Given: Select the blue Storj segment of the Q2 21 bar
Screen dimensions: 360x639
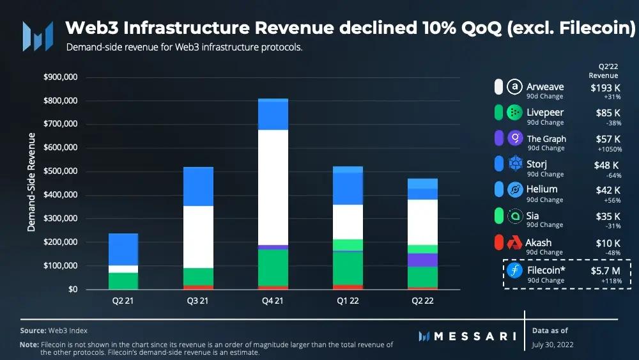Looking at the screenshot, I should pyautogui.click(x=123, y=249).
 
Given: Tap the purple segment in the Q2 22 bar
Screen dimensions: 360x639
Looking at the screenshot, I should pyautogui.click(x=422, y=260).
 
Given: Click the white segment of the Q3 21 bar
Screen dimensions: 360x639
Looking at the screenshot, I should pyautogui.click(x=198, y=237).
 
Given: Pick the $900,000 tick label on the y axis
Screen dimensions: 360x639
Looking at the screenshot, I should pyautogui.click(x=60, y=77).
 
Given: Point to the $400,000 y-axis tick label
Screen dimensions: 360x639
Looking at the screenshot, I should pyautogui.click(x=60, y=195).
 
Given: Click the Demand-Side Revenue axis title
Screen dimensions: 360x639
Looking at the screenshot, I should pyautogui.click(x=31, y=184).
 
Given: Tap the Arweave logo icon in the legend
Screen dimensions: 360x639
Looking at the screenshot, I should pyautogui.click(x=514, y=87).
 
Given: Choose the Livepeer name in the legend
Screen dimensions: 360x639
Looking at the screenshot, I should pyautogui.click(x=544, y=113).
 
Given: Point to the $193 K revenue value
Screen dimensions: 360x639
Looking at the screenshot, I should pyautogui.click(x=606, y=88).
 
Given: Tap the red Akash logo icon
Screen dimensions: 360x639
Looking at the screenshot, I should pyautogui.click(x=514, y=243).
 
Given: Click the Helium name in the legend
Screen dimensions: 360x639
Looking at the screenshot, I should pyautogui.click(x=542, y=189).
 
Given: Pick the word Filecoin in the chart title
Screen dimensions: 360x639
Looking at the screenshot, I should pyautogui.click(x=594, y=29).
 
